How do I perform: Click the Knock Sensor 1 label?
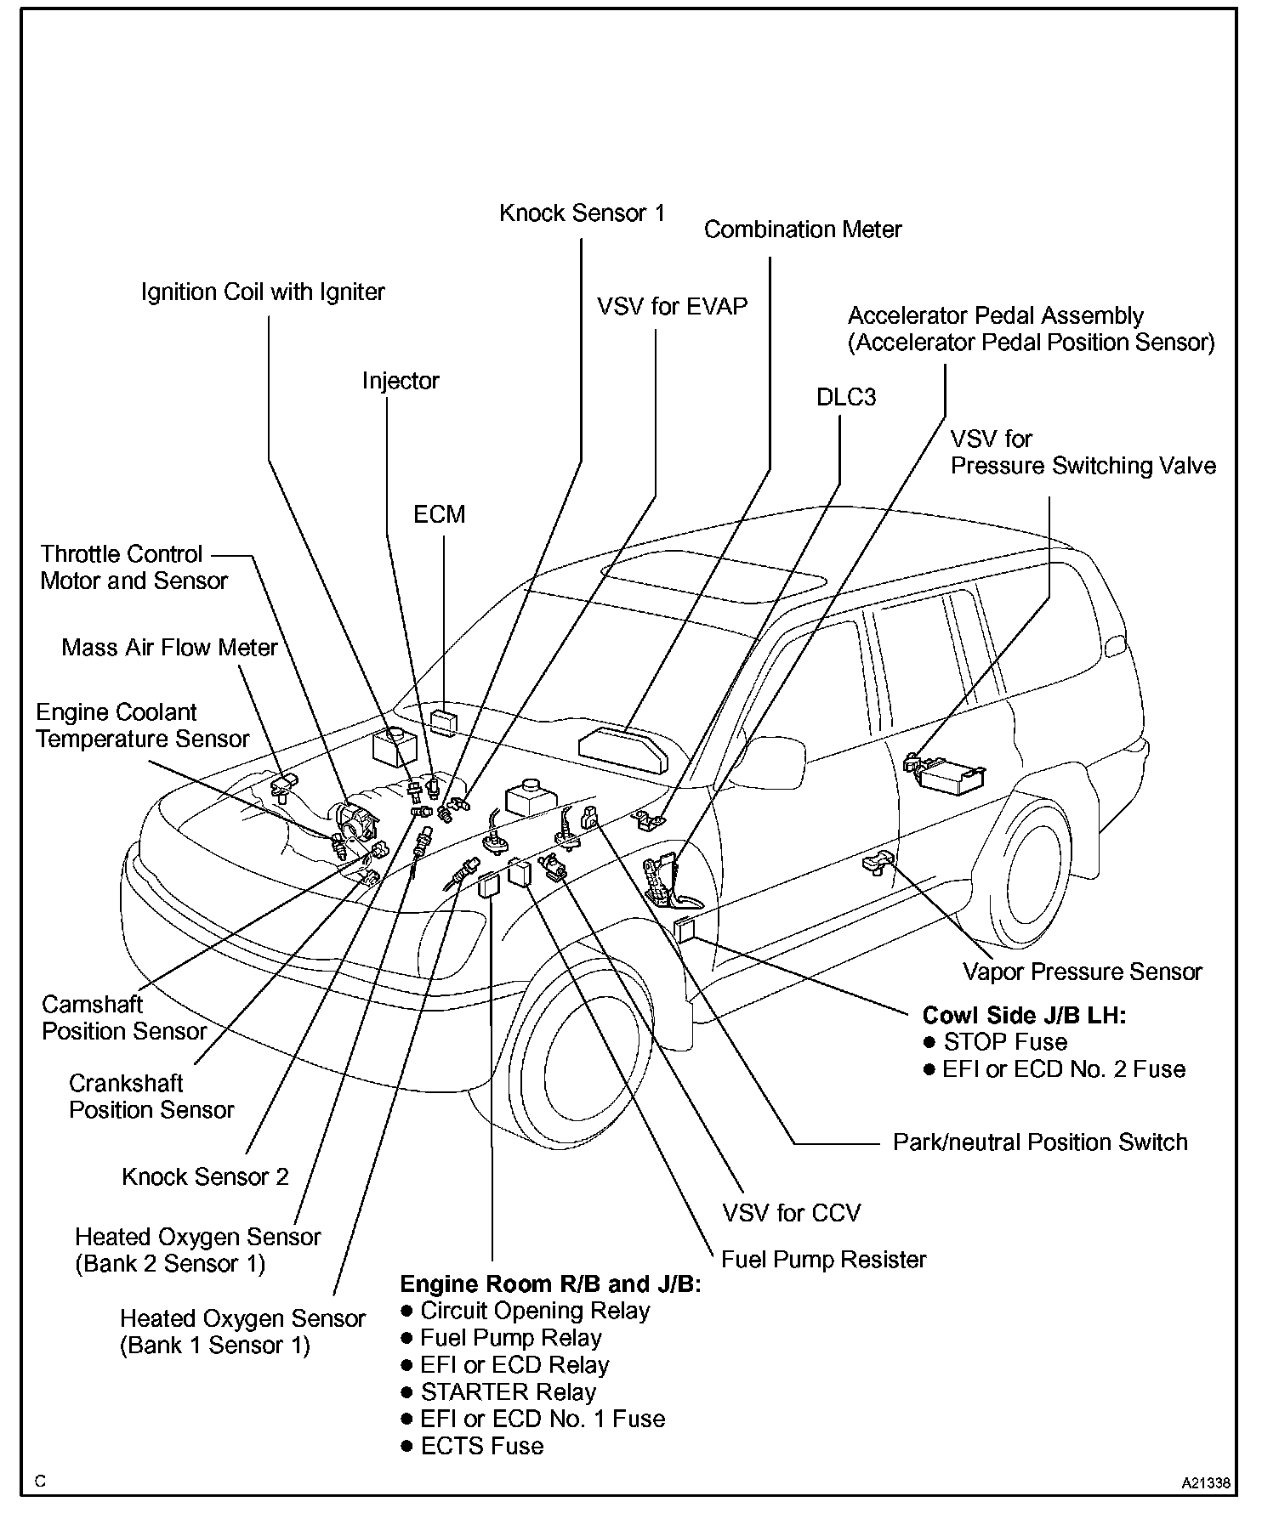coord(582,212)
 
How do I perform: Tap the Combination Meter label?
coord(802,229)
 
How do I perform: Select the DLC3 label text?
coord(845,397)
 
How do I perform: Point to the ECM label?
coord(439,514)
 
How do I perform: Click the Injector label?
coord(400,381)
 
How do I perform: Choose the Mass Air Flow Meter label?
coord(169,648)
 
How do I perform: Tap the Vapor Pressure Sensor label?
coord(1082,972)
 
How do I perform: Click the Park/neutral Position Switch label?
coord(1039,1142)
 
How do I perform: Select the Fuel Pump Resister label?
coord(823,1259)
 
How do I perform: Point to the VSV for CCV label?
coord(791,1212)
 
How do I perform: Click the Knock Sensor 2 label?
coord(205,1176)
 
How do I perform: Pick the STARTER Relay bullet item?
coord(508,1391)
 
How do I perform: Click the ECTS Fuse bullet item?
coord(481,1446)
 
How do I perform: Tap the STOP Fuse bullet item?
coord(1004,1042)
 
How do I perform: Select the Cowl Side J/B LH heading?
coord(1024,1016)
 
